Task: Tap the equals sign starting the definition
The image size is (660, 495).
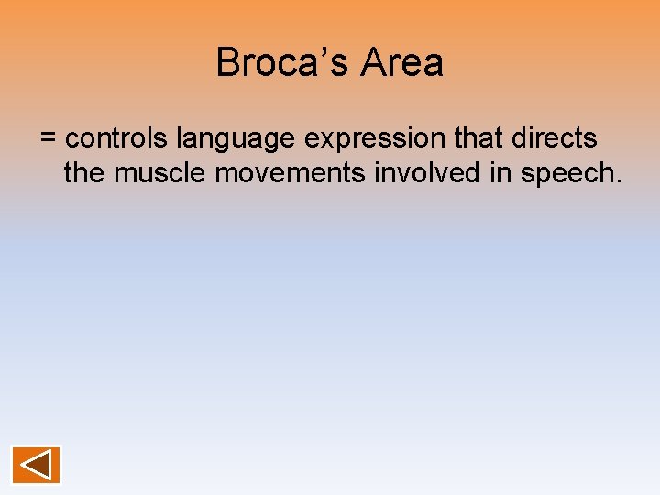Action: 49,139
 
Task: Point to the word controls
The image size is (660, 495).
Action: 117,138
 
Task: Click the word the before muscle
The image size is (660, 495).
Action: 84,172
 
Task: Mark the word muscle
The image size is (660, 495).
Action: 160,172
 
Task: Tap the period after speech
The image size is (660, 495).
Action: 619,181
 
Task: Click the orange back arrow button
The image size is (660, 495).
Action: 37,465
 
